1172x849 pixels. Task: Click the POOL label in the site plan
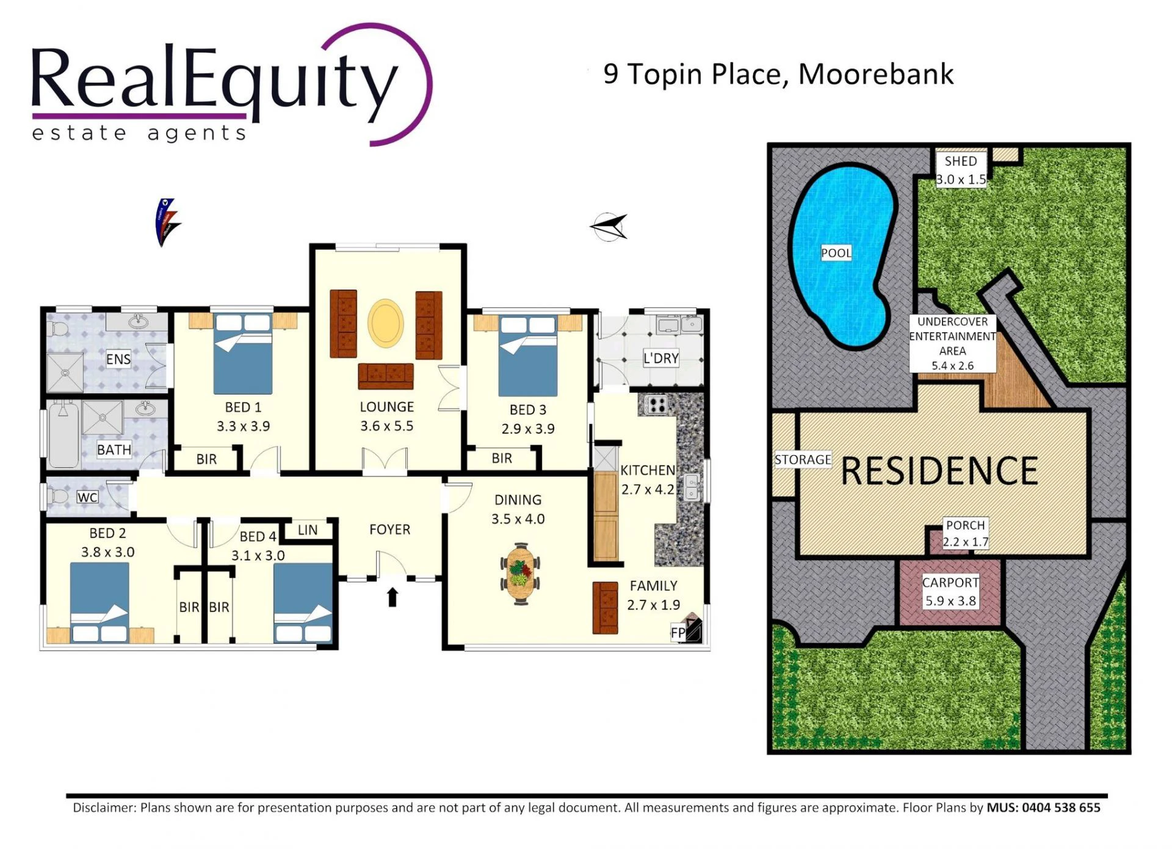coord(836,253)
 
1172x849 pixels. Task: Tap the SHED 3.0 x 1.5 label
coord(961,170)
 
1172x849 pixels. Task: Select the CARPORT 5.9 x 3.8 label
coord(950,591)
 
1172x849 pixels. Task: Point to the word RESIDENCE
coord(939,471)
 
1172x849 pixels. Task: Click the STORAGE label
coord(803,459)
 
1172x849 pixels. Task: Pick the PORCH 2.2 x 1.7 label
coord(965,533)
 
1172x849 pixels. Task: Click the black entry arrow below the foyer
coord(392,597)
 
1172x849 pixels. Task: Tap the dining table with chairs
coord(520,574)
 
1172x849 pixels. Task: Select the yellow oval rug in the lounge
coord(386,323)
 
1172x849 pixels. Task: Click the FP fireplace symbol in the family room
coord(687,630)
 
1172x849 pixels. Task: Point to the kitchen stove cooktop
coord(656,404)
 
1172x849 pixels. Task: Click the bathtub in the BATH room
coord(63,434)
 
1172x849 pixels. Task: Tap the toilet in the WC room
coord(58,495)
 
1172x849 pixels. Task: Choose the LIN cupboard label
coord(308,530)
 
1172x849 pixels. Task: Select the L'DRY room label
coord(661,358)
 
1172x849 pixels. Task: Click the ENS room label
coord(118,359)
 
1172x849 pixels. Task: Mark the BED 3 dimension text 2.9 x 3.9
coord(528,429)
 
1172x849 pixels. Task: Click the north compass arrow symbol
coord(609,227)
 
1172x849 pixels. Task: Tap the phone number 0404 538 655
coord(1061,807)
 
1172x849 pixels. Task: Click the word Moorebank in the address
coord(876,74)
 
